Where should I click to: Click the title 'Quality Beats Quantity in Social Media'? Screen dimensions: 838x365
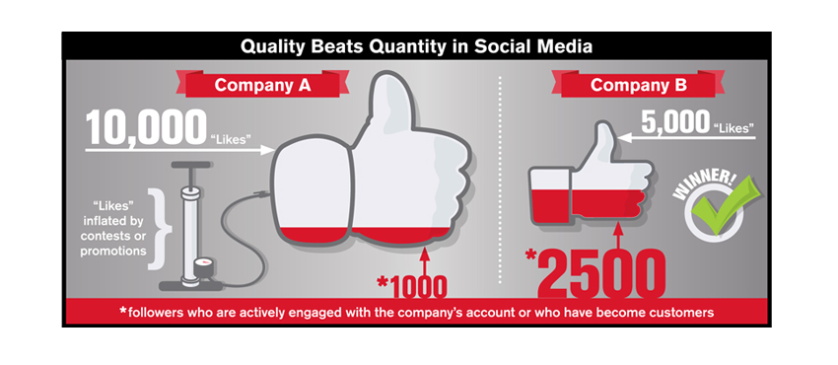(416, 46)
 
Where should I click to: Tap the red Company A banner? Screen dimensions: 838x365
(262, 86)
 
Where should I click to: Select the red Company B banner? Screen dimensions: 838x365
(638, 86)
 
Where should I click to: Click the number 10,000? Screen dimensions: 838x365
(145, 127)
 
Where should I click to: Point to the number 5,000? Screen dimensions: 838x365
(676, 123)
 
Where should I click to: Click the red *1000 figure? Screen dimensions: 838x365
(411, 286)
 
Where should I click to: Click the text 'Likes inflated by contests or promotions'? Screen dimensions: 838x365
(113, 228)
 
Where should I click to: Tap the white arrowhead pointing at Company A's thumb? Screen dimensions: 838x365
(267, 150)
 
